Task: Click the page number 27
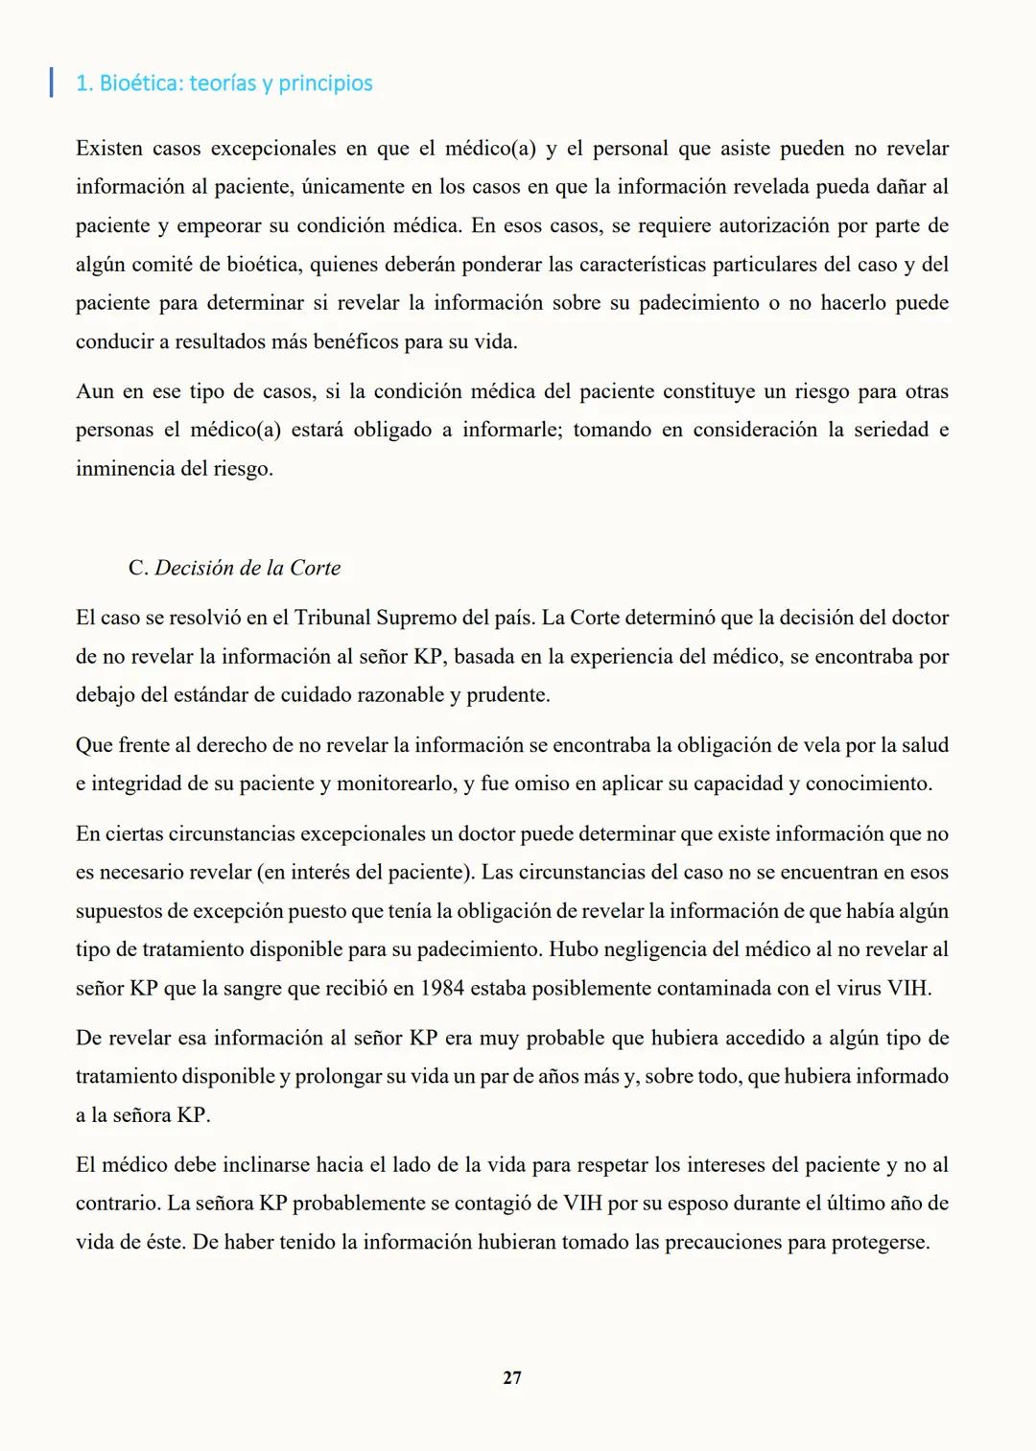512,1378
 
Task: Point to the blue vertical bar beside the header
51,82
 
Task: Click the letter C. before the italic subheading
138,568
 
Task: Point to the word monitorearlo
394,784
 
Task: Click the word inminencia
126,469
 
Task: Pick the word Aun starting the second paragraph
94,391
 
